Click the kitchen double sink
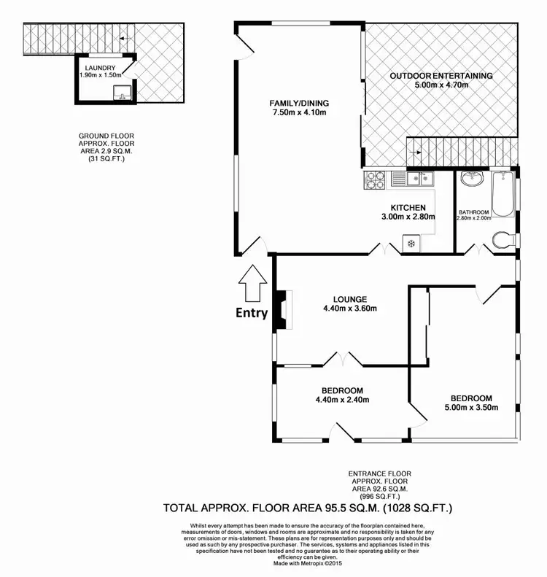[412, 177]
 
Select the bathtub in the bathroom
[503, 194]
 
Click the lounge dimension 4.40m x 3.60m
[350, 308]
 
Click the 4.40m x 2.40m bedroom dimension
[342, 400]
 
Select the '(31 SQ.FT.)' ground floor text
[106, 158]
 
